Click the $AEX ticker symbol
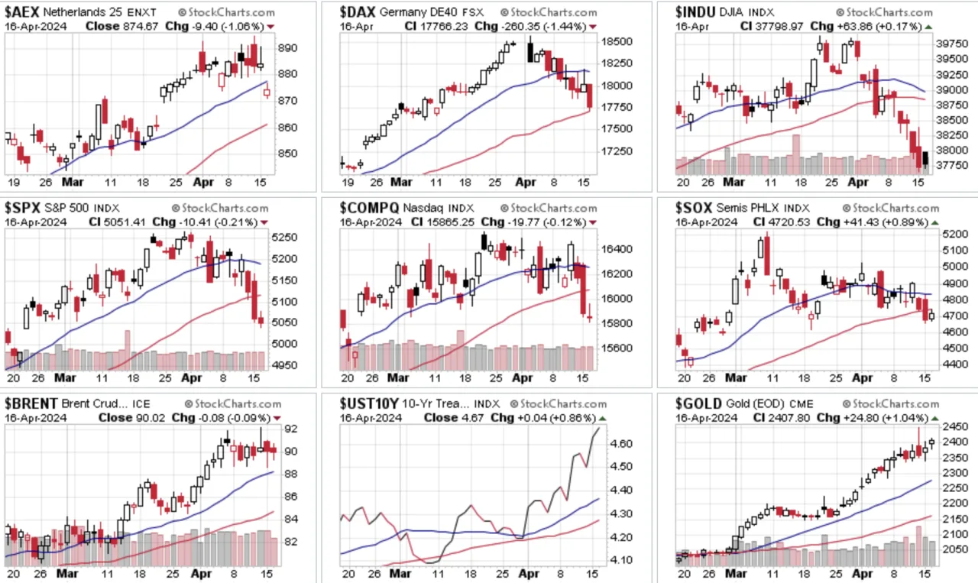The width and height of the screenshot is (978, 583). (22, 11)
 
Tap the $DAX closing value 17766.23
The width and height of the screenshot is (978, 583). (444, 27)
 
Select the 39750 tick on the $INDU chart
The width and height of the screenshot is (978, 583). (951, 44)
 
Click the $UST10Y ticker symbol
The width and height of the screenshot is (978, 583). (369, 403)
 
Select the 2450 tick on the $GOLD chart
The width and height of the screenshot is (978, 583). (954, 426)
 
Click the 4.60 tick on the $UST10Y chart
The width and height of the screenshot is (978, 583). (621, 444)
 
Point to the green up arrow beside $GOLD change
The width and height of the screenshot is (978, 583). (934, 419)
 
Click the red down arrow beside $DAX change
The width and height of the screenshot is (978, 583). (592, 27)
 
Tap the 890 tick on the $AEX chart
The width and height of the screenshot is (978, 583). (288, 47)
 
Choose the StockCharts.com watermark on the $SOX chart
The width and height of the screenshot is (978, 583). (891, 209)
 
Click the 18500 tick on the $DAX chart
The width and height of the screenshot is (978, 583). (617, 41)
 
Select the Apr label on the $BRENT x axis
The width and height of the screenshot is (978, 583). (201, 573)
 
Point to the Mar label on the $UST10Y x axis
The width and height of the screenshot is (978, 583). (400, 573)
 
